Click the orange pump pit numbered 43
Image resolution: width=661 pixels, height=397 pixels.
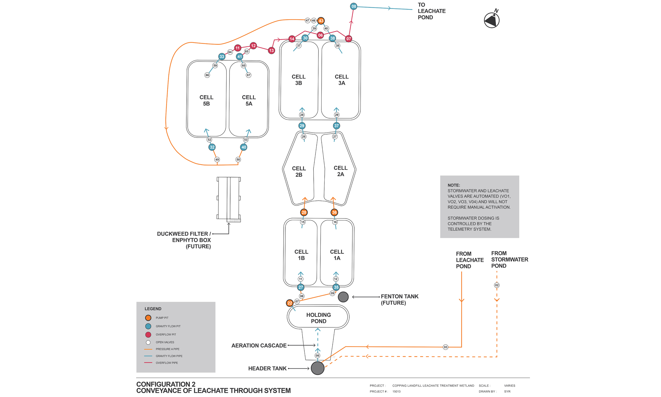click(x=321, y=21)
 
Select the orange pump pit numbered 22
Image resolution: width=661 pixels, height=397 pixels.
click(x=290, y=303)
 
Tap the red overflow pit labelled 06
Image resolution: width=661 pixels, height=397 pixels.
click(x=320, y=35)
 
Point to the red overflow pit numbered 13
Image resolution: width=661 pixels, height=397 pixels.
click(x=271, y=51)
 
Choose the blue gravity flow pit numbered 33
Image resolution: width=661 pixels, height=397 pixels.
click(x=222, y=57)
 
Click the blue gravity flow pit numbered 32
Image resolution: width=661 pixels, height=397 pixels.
click(x=212, y=147)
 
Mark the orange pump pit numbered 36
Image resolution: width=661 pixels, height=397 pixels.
click(x=334, y=212)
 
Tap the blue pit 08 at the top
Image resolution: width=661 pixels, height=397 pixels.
click(x=354, y=6)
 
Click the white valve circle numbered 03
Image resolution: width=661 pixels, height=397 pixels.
click(x=445, y=347)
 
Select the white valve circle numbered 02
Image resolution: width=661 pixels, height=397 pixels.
click(x=497, y=285)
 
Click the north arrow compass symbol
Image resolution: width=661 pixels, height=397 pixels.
click(x=492, y=20)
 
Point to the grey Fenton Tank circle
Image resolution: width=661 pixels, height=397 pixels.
click(x=343, y=297)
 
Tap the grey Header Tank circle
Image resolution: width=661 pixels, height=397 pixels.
click(x=318, y=368)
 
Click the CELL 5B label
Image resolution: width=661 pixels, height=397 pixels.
click(x=206, y=101)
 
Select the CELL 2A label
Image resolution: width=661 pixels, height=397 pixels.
click(x=341, y=171)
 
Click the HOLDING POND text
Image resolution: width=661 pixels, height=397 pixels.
click(x=318, y=318)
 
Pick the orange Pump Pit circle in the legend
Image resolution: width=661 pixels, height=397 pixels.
click(x=148, y=318)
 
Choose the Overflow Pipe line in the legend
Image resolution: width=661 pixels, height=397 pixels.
click(x=148, y=363)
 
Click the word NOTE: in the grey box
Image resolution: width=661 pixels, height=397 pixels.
click(x=454, y=185)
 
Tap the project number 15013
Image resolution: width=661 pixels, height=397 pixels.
click(x=396, y=392)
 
